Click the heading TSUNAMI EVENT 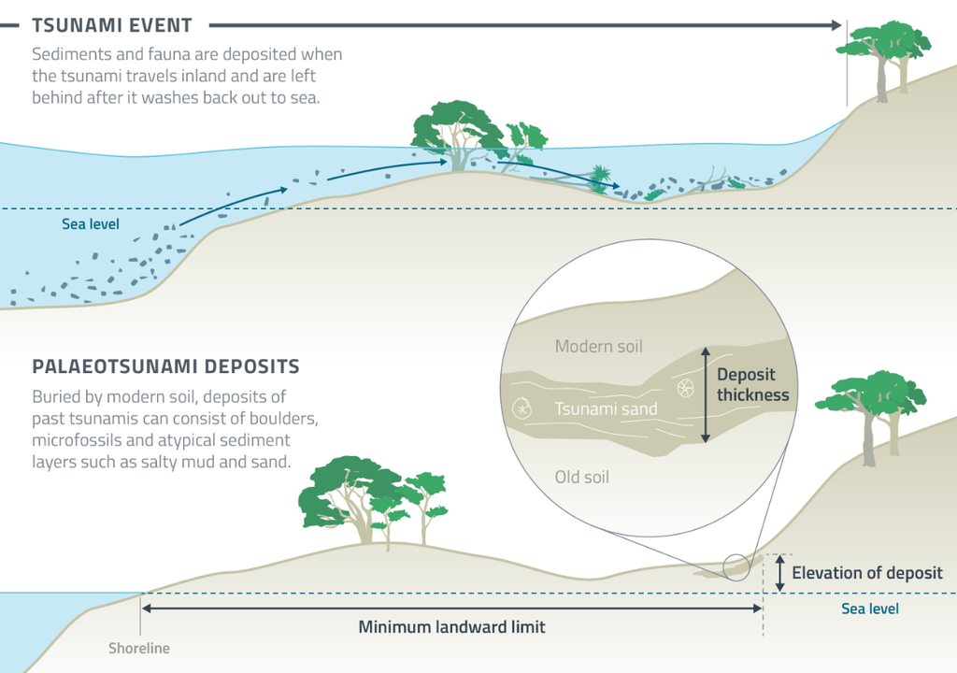tap(112, 24)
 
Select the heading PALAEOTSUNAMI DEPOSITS tap(165, 365)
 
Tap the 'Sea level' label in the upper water tap(91, 224)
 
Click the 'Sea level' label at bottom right tap(869, 609)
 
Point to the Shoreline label tap(139, 648)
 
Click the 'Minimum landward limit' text tap(451, 627)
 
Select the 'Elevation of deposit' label tap(867, 573)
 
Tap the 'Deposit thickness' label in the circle tap(752, 384)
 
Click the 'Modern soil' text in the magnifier tap(598, 347)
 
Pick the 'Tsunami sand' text tap(606, 408)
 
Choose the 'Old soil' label tap(581, 477)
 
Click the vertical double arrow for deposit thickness tap(706, 394)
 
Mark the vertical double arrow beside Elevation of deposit tap(779, 572)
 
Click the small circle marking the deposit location tap(736, 566)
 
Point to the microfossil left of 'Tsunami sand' tap(521, 408)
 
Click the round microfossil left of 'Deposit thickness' tap(685, 387)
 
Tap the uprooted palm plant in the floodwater tap(598, 179)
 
